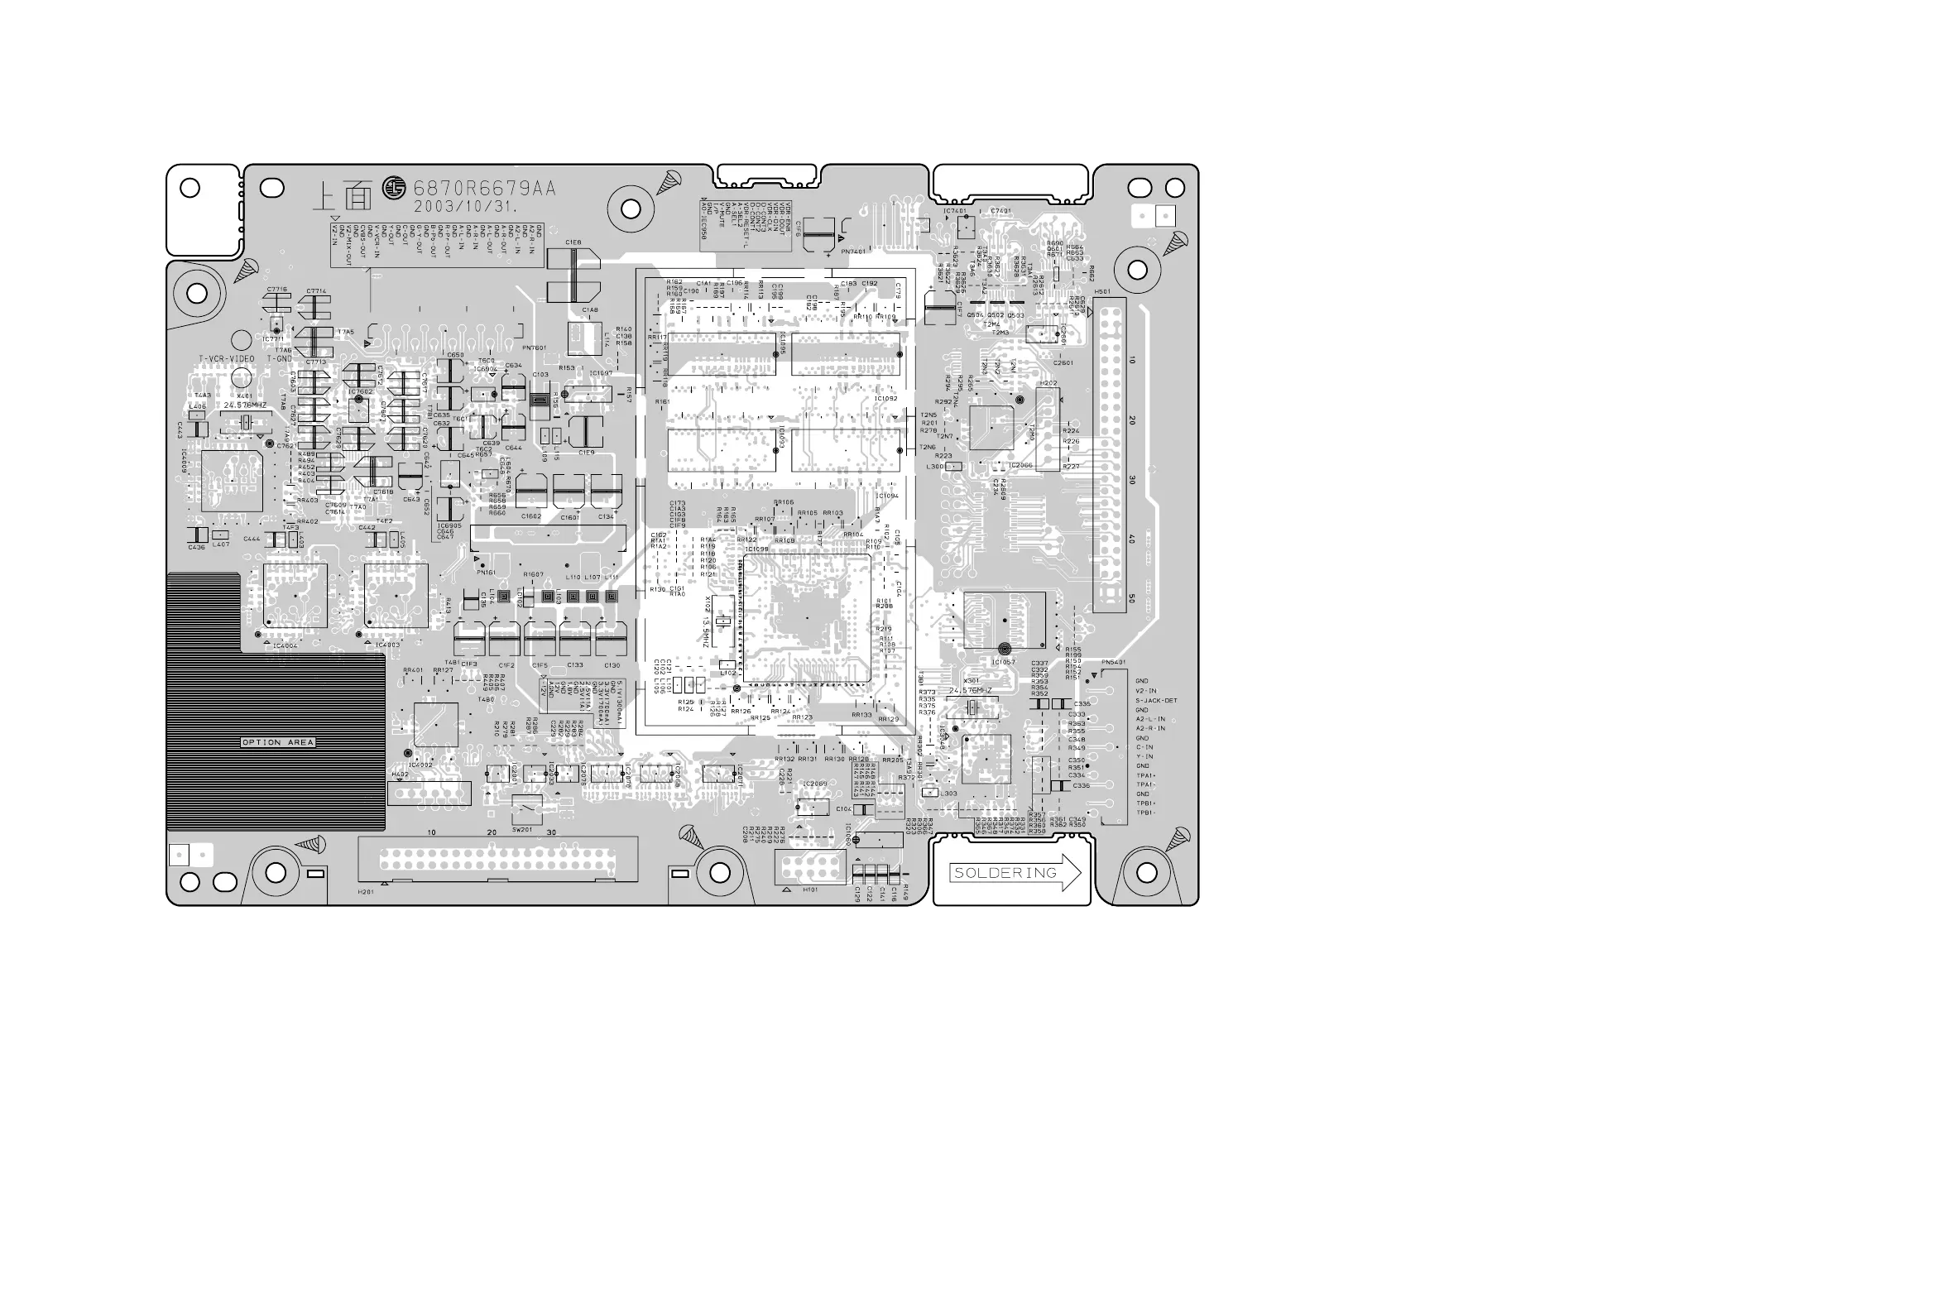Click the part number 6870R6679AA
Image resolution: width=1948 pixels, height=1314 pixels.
pyautogui.click(x=484, y=189)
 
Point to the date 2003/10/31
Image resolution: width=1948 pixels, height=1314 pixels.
pyautogui.click(x=465, y=206)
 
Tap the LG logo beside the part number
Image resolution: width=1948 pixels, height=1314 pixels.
pyautogui.click(x=394, y=189)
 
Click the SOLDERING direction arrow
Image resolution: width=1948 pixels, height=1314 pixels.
pyautogui.click(x=1015, y=872)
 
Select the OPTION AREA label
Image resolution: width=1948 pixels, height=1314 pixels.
pyautogui.click(x=277, y=742)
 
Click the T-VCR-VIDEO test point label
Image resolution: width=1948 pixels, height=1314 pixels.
pyautogui.click(x=226, y=358)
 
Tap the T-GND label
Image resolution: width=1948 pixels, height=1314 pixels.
pyautogui.click(x=280, y=358)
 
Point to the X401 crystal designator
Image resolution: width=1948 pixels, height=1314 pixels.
pyautogui.click(x=245, y=396)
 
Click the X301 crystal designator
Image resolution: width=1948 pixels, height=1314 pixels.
pyautogui.click(x=971, y=680)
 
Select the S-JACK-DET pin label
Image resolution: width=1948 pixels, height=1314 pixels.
pyautogui.click(x=1156, y=701)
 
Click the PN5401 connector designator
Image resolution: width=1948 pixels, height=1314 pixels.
pyautogui.click(x=1114, y=662)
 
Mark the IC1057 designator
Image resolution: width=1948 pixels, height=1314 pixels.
pyautogui.click(x=1003, y=662)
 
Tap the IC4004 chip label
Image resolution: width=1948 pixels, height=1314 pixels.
pyautogui.click(x=285, y=646)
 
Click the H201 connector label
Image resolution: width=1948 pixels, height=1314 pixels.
pyautogui.click(x=365, y=893)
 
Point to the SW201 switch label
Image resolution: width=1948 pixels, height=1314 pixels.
pyautogui.click(x=521, y=830)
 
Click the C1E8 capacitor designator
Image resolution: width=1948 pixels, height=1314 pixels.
pyautogui.click(x=573, y=242)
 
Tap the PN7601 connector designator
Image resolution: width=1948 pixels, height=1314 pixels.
pyautogui.click(x=534, y=348)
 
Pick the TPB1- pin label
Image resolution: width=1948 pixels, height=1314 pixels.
pyautogui.click(x=1145, y=812)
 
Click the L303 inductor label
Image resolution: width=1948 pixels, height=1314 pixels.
pyautogui.click(x=948, y=793)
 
